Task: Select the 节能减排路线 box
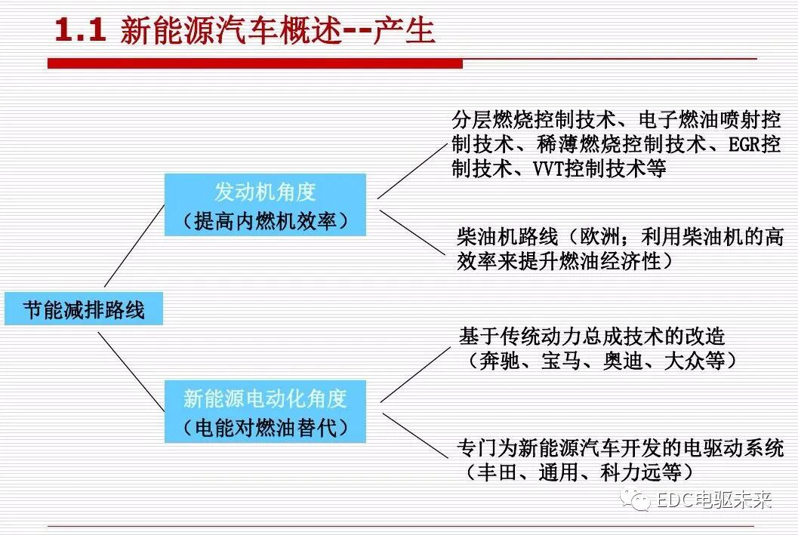tap(83, 310)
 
